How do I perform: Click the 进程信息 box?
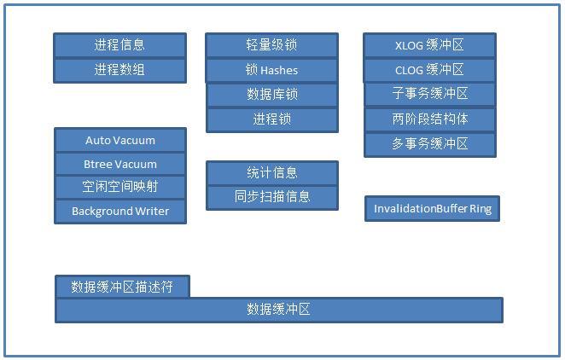[120, 45]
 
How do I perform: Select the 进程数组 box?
[120, 70]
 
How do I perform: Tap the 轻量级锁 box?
[271, 45]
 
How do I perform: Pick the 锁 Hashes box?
[271, 70]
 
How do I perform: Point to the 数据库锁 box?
[272, 95]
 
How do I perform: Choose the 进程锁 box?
[272, 120]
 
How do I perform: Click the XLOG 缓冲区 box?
[429, 45]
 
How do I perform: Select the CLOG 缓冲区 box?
[429, 70]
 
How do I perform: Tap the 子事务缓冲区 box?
[430, 95]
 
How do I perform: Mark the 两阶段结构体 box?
[430, 119]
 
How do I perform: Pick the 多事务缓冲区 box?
[430, 145]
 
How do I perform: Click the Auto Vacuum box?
[120, 140]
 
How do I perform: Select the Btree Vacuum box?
[120, 164]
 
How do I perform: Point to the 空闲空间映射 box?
[120, 187]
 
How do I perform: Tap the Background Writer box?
[120, 212]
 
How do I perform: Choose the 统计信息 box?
[272, 173]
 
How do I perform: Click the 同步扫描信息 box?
[272, 198]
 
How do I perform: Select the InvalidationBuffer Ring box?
[433, 209]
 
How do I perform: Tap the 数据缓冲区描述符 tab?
[123, 287]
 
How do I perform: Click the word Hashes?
[279, 70]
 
